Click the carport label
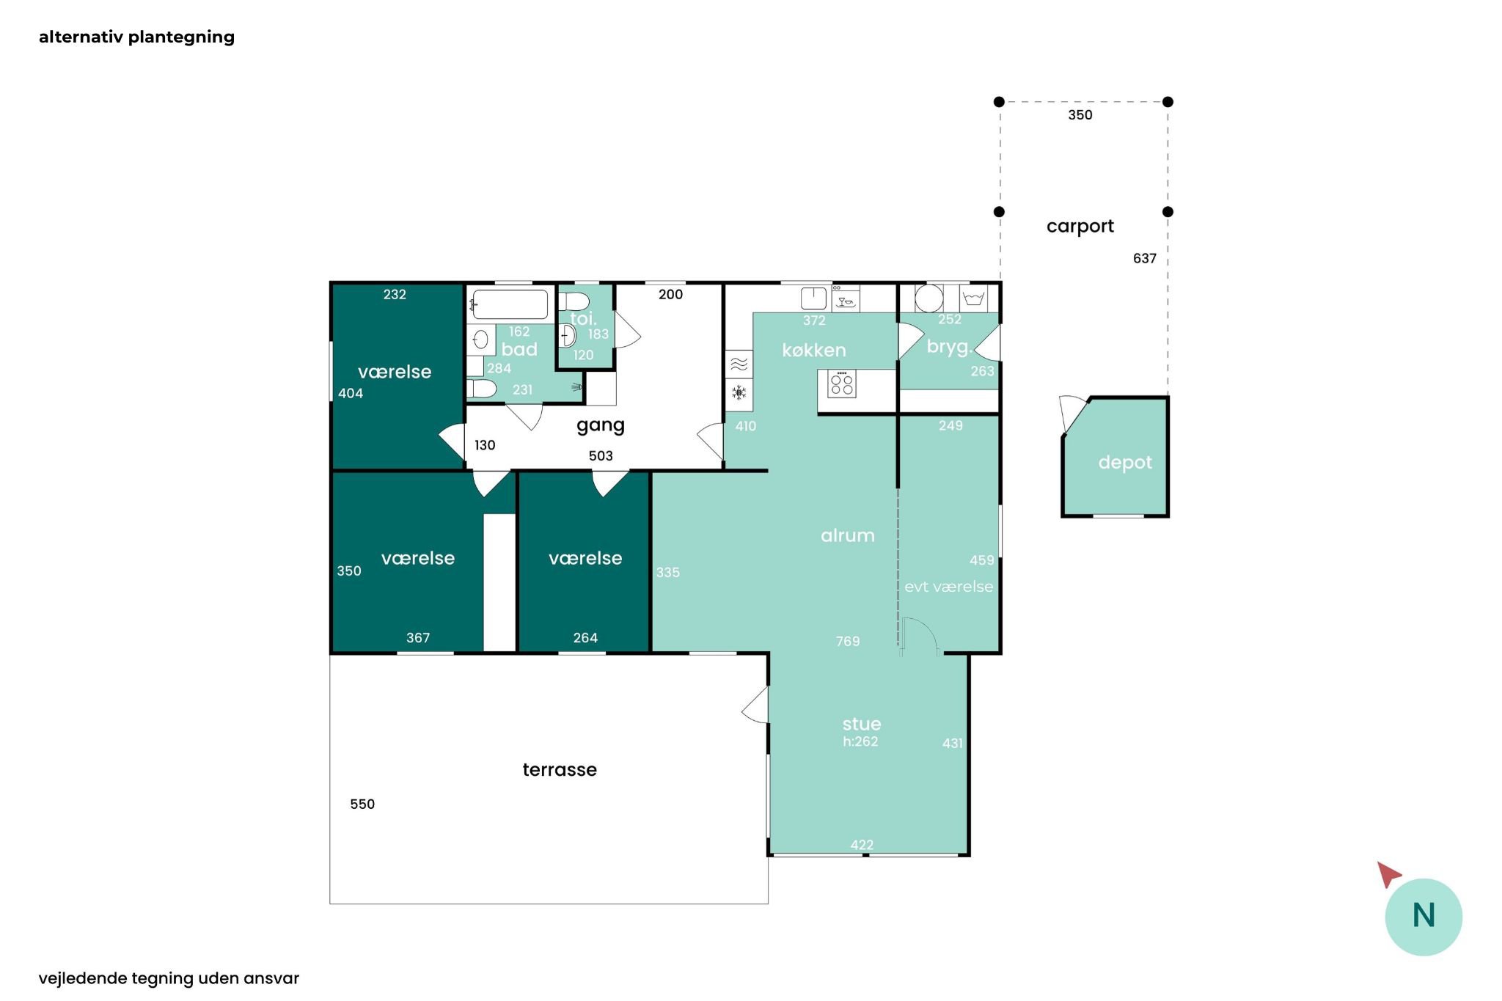pos(1080,227)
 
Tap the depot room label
pos(1125,463)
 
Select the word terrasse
pos(560,769)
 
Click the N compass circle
pos(1424,917)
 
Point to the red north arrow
pos(1388,873)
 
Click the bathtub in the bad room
pos(510,304)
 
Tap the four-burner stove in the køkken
pos(842,384)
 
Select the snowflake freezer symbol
pos(739,392)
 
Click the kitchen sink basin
pos(813,298)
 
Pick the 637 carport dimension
pos(1144,258)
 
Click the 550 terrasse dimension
pos(362,804)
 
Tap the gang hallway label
pos(601,425)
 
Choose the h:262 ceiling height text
pos(860,741)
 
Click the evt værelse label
pos(948,587)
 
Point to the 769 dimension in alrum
pos(848,641)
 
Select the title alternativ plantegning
pos(136,37)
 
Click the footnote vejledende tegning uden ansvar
pos(169,978)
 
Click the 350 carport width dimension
pos(1080,115)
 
